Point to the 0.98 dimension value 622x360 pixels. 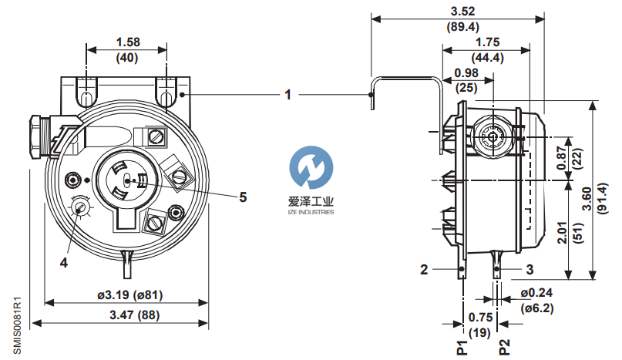coord(465,73)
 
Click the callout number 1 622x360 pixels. coord(287,95)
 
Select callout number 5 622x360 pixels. coord(242,197)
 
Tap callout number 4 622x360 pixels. coord(65,261)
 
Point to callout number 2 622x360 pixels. coord(424,269)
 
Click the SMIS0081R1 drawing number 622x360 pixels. coord(17,324)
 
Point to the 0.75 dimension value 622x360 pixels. coord(479,316)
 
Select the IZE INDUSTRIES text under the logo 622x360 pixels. coord(305,211)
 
